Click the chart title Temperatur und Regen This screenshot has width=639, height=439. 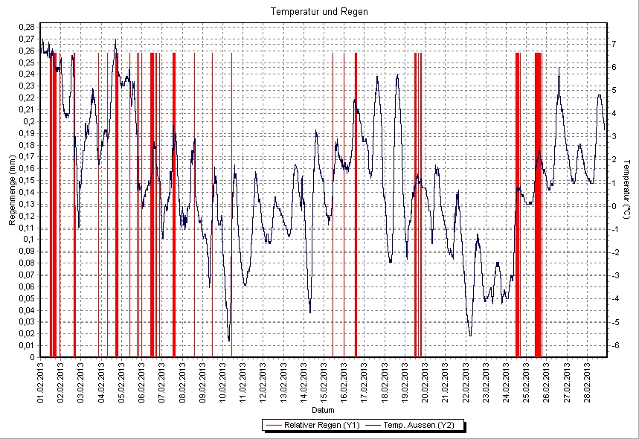(x=319, y=12)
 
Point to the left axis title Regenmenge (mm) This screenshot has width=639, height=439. (x=13, y=191)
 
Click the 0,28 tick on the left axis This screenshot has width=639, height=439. (x=27, y=28)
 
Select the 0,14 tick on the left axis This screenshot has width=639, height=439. (x=27, y=192)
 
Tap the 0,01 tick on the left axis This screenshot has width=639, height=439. (x=27, y=345)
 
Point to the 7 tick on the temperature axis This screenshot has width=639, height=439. (x=614, y=44)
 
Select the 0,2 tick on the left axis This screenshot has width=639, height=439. (x=29, y=121)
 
